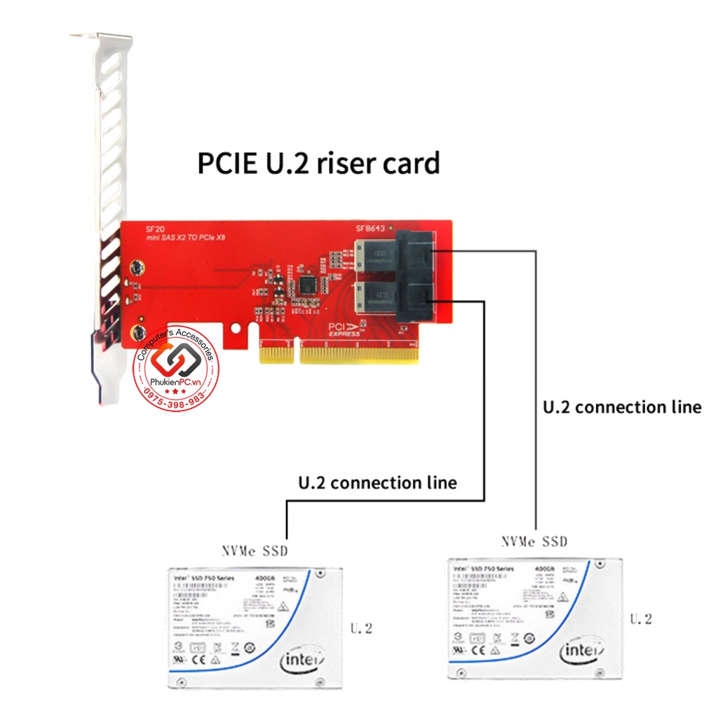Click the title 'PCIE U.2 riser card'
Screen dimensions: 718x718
coord(318,163)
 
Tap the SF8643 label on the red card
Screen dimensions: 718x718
coord(371,229)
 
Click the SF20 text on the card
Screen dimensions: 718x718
coord(154,229)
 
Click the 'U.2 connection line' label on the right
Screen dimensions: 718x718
coord(622,407)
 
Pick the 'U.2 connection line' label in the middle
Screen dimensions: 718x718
coord(377,482)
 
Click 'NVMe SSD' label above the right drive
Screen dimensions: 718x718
coord(534,541)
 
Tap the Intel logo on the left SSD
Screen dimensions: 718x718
coord(303,660)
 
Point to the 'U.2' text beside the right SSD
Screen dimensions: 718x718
coord(641,618)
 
